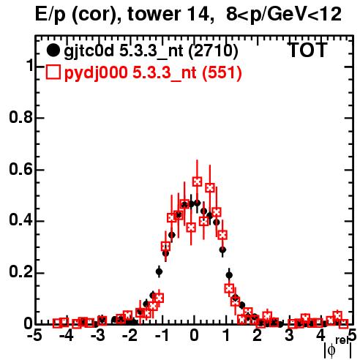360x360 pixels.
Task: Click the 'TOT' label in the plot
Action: (x=307, y=50)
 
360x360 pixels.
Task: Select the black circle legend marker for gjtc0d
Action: (x=53, y=50)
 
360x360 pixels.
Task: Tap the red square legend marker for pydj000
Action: (x=53, y=72)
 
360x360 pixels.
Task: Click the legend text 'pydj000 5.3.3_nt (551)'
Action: (x=153, y=73)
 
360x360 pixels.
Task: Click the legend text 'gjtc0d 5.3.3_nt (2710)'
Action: (x=151, y=51)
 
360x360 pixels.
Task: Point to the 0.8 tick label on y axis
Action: (x=20, y=117)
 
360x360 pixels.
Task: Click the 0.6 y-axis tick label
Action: (x=20, y=169)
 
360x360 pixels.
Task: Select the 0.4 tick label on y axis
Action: (x=20, y=220)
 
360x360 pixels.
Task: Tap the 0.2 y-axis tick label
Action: (x=20, y=272)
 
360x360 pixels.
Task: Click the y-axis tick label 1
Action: (x=30, y=65)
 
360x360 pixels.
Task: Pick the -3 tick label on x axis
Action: (x=98, y=336)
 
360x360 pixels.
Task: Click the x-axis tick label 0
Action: (x=194, y=336)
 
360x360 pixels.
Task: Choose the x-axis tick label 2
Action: (x=258, y=336)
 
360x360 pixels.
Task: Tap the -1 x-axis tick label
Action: (x=162, y=336)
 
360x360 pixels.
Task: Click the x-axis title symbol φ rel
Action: (x=338, y=348)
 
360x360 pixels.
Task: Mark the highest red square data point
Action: (x=198, y=181)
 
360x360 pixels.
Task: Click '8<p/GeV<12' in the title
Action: (x=283, y=14)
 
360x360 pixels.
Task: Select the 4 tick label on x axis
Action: (x=321, y=336)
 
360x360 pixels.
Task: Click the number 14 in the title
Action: (x=200, y=14)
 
